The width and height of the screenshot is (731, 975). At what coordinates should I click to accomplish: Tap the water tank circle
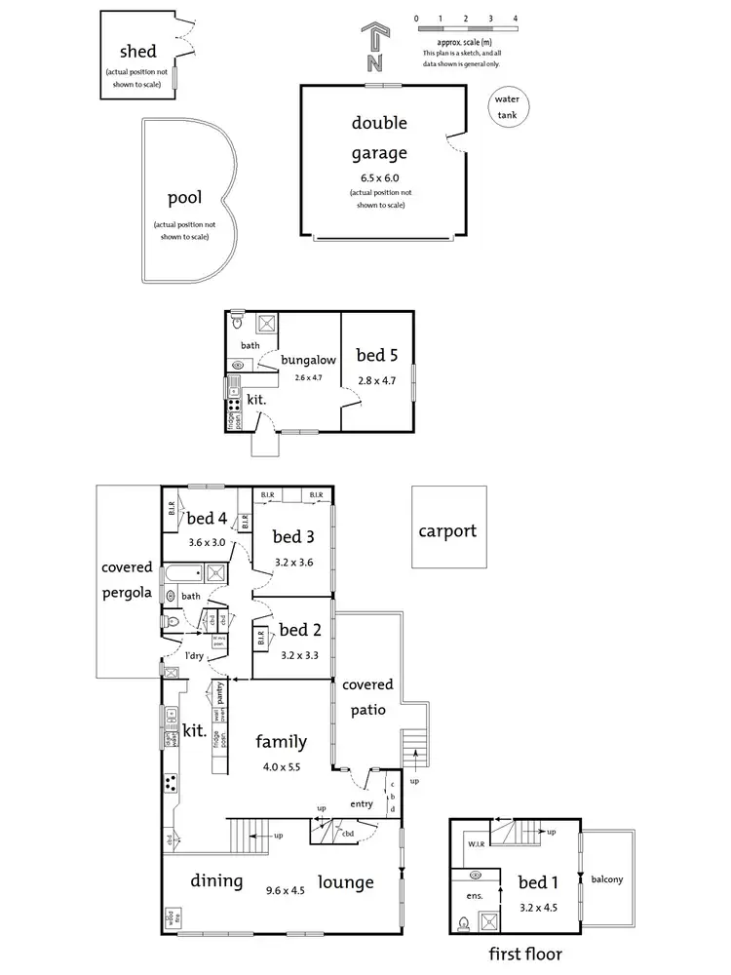(x=507, y=107)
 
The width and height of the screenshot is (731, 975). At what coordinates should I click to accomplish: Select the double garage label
(x=380, y=137)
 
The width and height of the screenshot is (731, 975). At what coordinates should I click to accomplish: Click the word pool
(x=184, y=198)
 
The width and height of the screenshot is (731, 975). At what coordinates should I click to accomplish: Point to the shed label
(x=137, y=52)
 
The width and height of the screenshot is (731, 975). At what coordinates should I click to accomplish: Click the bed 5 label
(x=376, y=356)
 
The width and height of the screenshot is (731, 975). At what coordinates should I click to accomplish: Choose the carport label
(x=447, y=531)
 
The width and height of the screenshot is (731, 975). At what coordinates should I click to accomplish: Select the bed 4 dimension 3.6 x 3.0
(x=207, y=542)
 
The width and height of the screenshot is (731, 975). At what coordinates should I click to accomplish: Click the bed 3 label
(x=292, y=536)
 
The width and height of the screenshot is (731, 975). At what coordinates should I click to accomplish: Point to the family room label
(x=282, y=742)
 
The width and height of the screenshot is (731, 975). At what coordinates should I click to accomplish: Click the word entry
(x=363, y=804)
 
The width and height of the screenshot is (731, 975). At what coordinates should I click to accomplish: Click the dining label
(x=216, y=881)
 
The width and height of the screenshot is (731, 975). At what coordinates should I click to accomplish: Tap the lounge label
(x=345, y=882)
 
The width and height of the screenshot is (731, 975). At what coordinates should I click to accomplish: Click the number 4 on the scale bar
(x=515, y=19)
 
